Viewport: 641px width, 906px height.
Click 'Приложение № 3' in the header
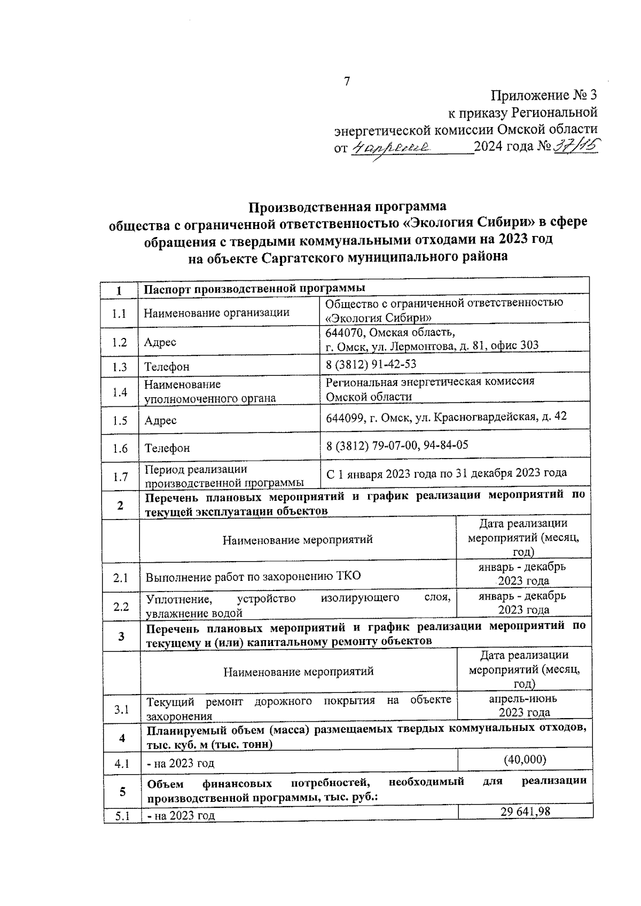543,96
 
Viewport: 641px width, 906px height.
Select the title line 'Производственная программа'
348,206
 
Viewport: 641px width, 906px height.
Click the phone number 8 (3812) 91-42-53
371,364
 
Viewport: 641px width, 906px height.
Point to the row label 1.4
120,392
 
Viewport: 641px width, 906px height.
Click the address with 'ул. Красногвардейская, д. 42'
446,416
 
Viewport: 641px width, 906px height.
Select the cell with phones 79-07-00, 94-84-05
397,444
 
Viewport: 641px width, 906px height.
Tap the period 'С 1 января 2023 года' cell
446,472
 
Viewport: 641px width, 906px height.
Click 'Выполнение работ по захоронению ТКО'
253,576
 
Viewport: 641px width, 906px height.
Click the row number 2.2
121,606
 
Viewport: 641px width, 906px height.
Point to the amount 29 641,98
525,812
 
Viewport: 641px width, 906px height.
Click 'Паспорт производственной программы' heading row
255,288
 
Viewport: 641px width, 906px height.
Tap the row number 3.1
121,710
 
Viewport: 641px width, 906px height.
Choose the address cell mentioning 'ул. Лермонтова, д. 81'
432,339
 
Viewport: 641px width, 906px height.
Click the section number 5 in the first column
122,791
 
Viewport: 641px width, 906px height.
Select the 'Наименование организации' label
216,312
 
